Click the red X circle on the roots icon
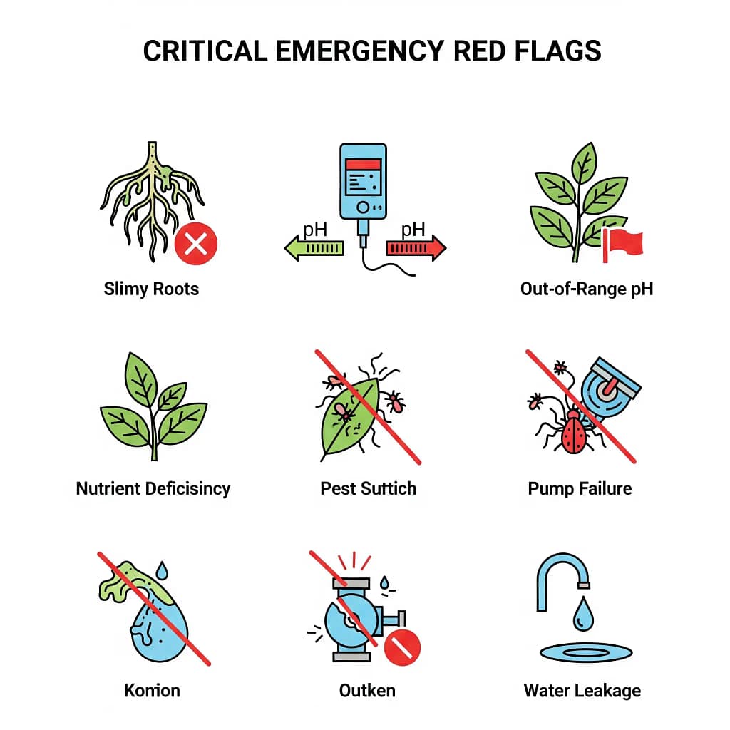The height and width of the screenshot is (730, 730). (x=196, y=245)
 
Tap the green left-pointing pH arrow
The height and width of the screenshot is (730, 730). (x=314, y=247)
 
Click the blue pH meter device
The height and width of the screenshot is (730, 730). (x=364, y=182)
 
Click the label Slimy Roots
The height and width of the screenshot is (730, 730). (x=151, y=289)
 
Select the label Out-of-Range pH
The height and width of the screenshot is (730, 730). (x=587, y=289)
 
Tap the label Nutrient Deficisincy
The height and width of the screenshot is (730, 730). (x=153, y=489)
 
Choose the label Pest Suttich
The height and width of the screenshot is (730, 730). (x=368, y=489)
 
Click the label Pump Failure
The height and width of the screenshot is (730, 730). (x=580, y=489)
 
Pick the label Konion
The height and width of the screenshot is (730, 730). (x=152, y=690)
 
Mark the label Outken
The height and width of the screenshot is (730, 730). (x=367, y=690)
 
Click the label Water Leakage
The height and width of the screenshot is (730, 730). (x=582, y=690)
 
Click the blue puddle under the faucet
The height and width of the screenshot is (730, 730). (x=586, y=651)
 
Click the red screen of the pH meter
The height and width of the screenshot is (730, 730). (x=363, y=164)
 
